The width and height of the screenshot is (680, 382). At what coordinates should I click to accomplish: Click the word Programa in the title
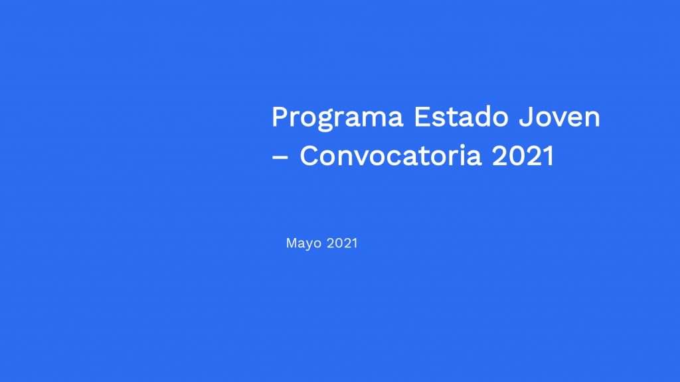(337, 118)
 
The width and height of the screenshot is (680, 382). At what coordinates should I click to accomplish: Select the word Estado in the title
(461, 117)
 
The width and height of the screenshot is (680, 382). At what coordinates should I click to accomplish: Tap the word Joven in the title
(559, 117)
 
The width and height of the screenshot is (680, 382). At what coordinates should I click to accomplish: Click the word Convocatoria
(390, 155)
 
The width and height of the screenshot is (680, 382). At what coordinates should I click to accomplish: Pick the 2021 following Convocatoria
(523, 155)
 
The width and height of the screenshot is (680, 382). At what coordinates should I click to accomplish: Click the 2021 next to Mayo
(342, 243)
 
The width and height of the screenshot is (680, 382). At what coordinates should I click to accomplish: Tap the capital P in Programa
(281, 117)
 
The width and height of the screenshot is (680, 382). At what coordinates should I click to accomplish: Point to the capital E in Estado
(422, 117)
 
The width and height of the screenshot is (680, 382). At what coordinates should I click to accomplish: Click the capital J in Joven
(526, 117)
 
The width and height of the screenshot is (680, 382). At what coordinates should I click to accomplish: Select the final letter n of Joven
(592, 119)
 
